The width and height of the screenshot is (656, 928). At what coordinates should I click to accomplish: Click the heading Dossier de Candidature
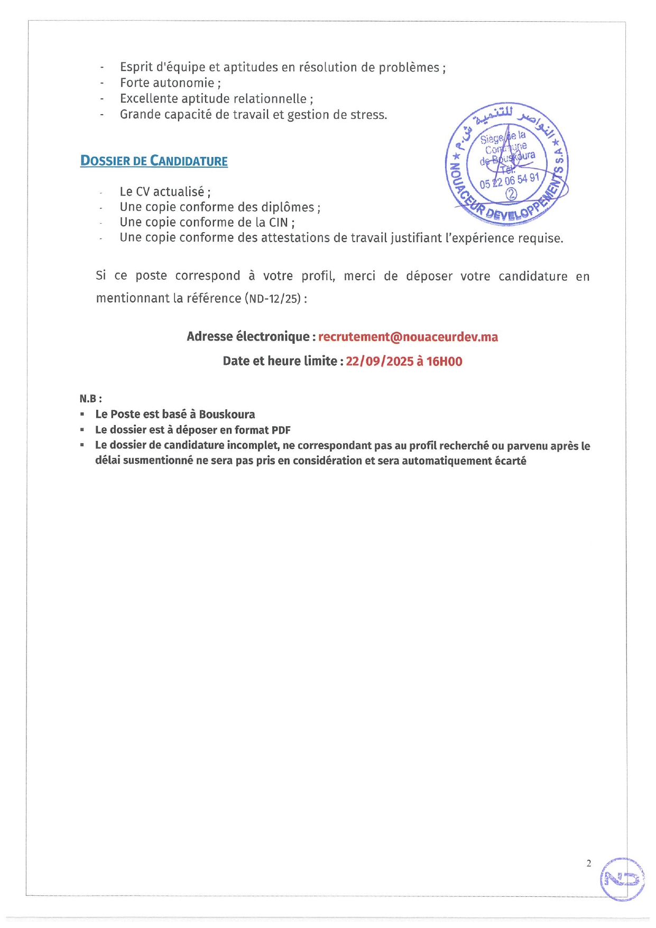tap(154, 161)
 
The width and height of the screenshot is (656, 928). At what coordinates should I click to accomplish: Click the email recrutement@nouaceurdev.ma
tap(408, 337)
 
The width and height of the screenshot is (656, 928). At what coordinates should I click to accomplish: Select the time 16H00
tap(445, 362)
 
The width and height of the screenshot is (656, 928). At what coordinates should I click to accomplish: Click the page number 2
tap(589, 863)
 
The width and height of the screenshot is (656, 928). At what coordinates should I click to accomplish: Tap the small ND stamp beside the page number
tap(622, 879)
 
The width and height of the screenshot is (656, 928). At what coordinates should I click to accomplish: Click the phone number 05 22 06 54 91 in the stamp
tap(509, 181)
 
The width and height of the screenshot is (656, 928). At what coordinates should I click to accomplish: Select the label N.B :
tap(90, 399)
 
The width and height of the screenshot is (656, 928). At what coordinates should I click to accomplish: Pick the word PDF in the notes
tap(281, 430)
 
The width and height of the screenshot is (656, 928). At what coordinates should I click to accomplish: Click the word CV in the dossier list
tap(143, 192)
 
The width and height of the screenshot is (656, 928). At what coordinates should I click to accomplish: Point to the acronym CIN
tap(279, 223)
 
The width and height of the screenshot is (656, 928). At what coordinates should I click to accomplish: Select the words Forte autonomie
tap(167, 83)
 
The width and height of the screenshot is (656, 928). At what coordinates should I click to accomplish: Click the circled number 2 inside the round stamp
tap(511, 194)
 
